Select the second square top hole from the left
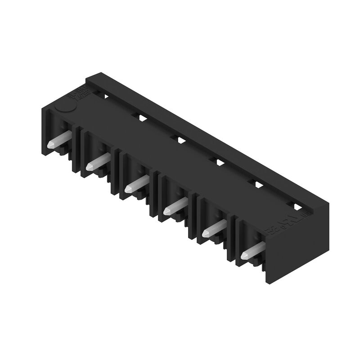141,117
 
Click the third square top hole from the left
180,139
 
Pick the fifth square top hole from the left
258,184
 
